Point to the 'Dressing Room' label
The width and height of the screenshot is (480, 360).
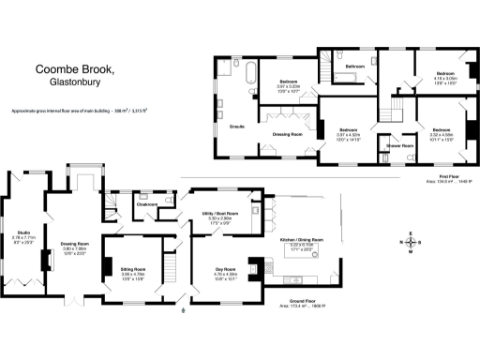click(x=288, y=134)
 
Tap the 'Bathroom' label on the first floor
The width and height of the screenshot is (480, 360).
click(x=354, y=67)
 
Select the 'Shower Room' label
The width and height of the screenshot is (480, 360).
click(x=391, y=146)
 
